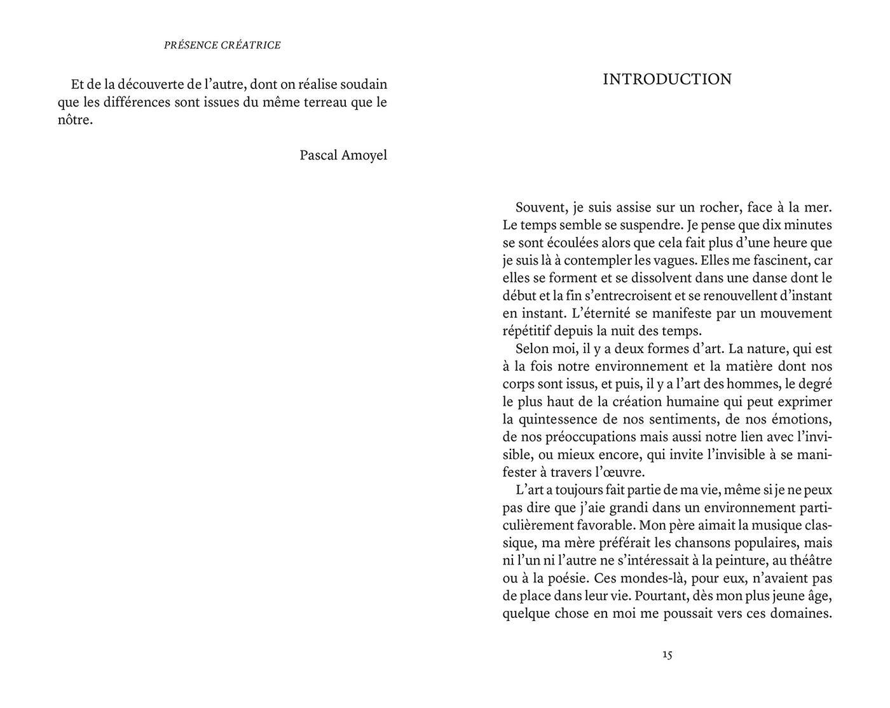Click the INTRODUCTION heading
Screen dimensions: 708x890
click(667, 79)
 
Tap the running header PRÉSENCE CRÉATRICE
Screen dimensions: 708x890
click(222, 45)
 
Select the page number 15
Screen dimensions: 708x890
click(667, 654)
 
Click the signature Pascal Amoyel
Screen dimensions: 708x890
click(343, 155)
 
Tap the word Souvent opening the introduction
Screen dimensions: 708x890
click(541, 207)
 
